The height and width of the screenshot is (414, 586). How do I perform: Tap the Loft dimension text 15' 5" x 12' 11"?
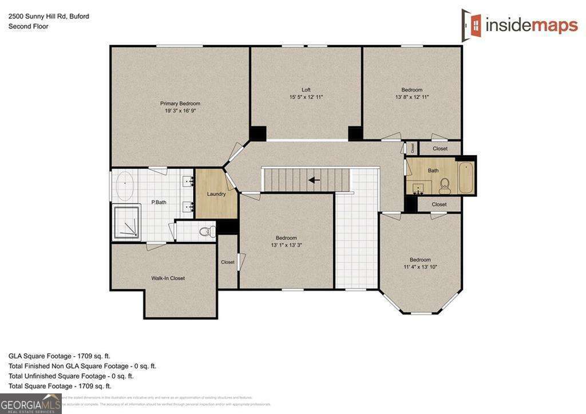coord(306,97)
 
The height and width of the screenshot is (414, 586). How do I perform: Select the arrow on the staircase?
coord(314,180)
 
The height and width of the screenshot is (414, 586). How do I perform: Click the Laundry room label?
coord(216,194)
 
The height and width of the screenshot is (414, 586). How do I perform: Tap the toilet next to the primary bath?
coord(208,231)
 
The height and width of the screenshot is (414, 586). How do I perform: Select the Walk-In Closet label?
coord(168,278)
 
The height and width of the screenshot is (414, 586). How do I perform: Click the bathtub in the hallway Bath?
coord(466,178)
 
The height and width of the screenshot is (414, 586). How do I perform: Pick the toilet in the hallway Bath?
coord(445,186)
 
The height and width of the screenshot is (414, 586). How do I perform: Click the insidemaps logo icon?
coord(472,23)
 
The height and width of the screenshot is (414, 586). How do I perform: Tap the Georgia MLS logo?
coord(30,403)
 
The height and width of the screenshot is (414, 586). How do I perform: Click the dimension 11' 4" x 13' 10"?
coord(420,267)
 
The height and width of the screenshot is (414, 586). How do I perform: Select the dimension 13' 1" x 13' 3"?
coord(286,245)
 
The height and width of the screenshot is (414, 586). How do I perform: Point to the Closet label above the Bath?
coord(439,148)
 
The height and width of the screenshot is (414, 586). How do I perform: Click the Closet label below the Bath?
coord(439,204)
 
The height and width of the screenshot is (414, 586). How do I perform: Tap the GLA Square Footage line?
coord(60,356)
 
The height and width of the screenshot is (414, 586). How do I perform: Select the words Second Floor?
coord(28,26)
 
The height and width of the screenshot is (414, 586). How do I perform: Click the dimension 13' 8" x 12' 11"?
coord(411,97)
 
